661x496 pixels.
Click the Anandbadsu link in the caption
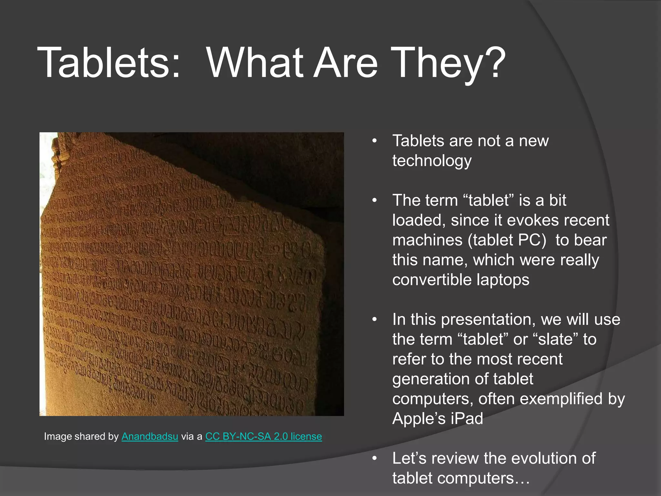point(150,437)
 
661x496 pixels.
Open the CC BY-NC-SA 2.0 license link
point(263,437)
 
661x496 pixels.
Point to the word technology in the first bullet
point(432,161)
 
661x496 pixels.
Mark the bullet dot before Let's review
point(374,459)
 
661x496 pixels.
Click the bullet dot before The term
point(374,201)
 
